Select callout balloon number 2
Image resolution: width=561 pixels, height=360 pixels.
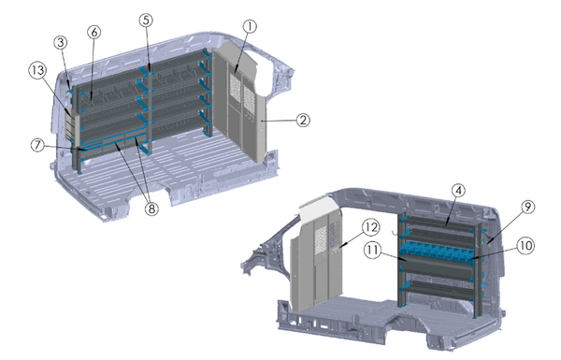pos(302,120)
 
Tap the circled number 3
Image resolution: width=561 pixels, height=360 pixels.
pos(61,43)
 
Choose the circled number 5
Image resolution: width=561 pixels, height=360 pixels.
pos(146,20)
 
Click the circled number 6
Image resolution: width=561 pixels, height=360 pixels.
pos(93,32)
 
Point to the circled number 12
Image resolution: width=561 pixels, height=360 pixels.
pos(371,226)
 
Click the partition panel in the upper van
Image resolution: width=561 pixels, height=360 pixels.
pos(238,112)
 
